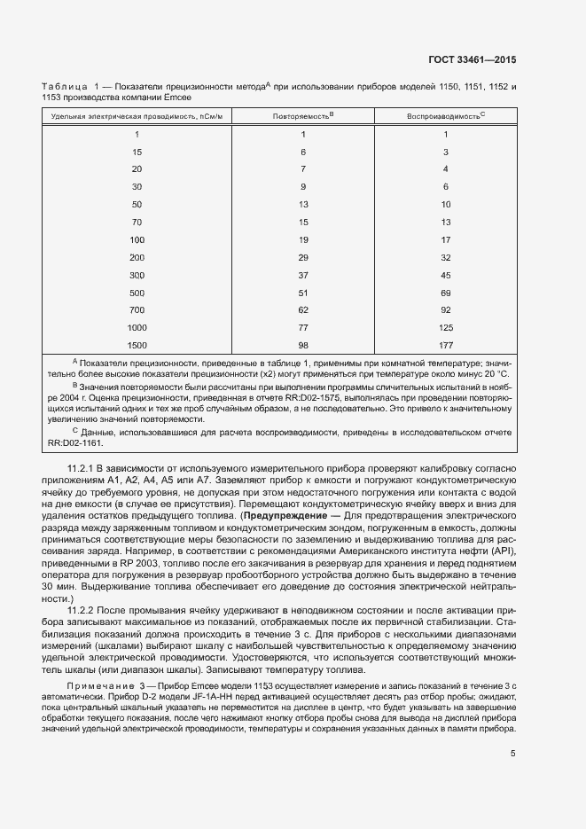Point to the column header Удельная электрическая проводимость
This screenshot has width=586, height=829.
(x=137, y=116)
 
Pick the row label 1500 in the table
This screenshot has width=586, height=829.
(x=137, y=344)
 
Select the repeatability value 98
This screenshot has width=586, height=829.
(x=302, y=344)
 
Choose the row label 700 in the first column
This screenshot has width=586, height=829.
(x=137, y=309)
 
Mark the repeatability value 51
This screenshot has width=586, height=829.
(x=302, y=292)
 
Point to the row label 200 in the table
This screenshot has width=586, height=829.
(x=137, y=256)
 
